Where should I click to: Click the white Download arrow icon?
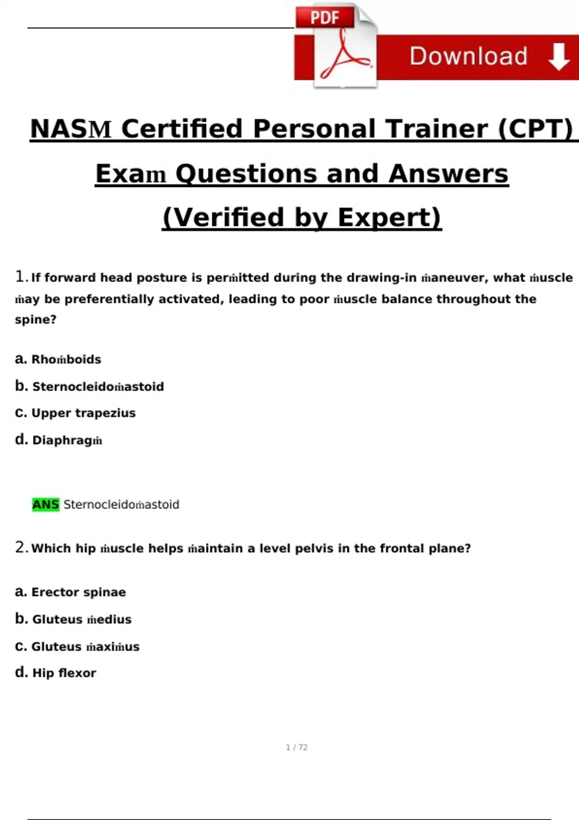pos(559,56)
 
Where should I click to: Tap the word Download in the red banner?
pos(468,56)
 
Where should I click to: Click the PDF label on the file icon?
pos(325,18)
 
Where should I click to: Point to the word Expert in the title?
pos(389,218)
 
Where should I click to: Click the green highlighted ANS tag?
pos(45,505)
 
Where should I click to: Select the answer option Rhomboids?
pos(66,359)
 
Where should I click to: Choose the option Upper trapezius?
pos(83,413)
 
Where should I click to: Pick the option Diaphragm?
pos(67,440)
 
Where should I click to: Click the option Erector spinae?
pos(79,592)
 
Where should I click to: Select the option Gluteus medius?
pos(82,619)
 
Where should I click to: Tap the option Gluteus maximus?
pos(85,647)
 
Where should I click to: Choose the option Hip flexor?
pos(64,673)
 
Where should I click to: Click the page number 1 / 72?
pos(296,747)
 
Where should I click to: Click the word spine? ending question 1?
pos(36,320)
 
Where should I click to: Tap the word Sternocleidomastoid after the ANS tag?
pos(121,505)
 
